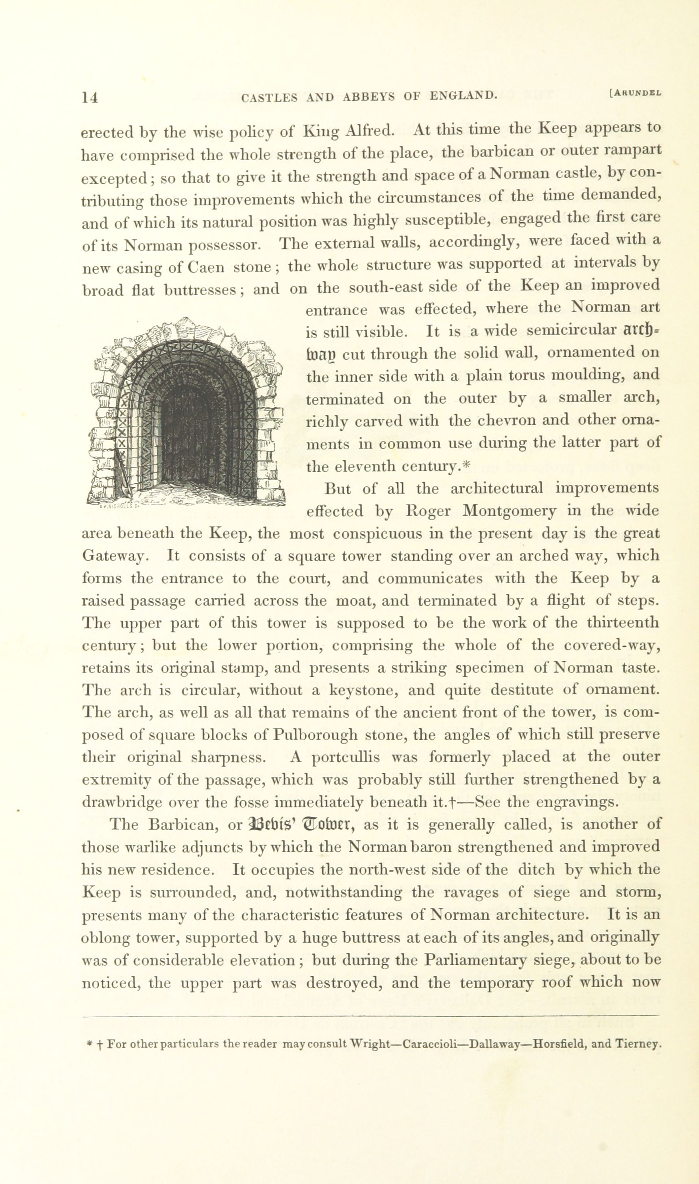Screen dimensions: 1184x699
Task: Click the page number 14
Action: pyautogui.click(x=90, y=97)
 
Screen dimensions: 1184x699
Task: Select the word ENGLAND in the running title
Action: pyautogui.click(x=464, y=96)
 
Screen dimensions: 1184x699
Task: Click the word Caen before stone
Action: pyautogui.click(x=206, y=268)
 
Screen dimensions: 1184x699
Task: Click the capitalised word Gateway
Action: pyautogui.click(x=115, y=556)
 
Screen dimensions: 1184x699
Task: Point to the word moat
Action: pyautogui.click(x=352, y=601)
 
